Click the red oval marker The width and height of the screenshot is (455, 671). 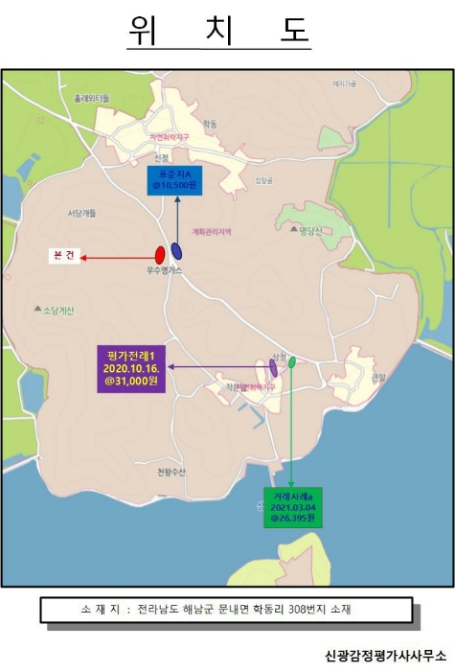[x=160, y=255]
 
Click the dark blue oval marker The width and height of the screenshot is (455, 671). [x=177, y=251]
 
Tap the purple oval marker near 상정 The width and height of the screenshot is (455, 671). [x=273, y=367]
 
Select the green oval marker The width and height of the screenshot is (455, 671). [x=292, y=361]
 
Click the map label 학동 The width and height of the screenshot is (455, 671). [x=210, y=125]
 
